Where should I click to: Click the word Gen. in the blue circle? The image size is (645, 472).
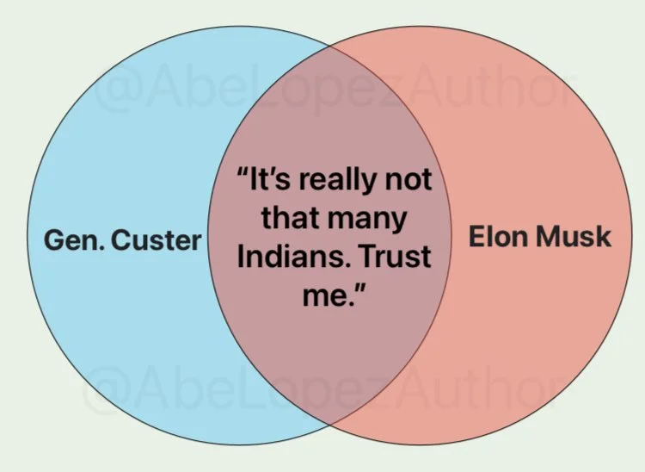pyautogui.click(x=75, y=239)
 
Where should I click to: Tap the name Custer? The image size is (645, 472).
pyautogui.click(x=157, y=240)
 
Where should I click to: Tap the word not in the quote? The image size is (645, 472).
pyautogui.click(x=408, y=180)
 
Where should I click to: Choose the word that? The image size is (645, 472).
pyautogui.click(x=290, y=218)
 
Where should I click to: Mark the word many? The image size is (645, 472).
pyautogui.click(x=367, y=221)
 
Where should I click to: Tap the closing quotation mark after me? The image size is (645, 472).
pyautogui.click(x=359, y=289)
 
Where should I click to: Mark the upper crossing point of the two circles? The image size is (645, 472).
pyautogui.click(x=329, y=46)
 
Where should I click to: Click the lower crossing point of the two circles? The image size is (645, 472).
pyautogui.click(x=329, y=425)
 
